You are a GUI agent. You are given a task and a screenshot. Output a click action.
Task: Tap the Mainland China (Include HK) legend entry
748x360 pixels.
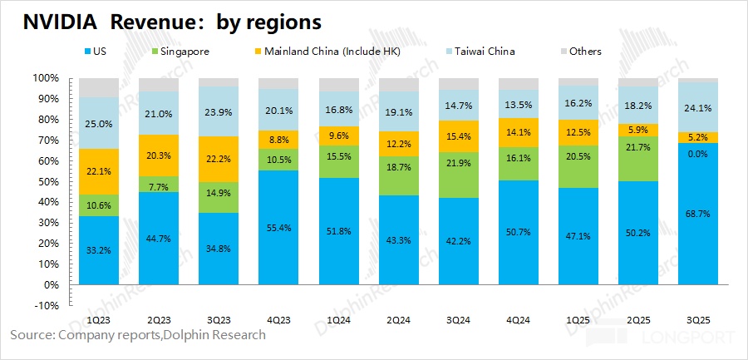tap(337, 52)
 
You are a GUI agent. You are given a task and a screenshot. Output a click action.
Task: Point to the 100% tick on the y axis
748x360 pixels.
tap(45, 78)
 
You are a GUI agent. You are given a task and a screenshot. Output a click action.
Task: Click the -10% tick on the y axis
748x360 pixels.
tap(45, 306)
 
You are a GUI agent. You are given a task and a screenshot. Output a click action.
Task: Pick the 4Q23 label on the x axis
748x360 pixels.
tap(279, 318)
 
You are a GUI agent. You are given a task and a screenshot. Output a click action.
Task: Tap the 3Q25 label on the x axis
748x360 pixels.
tap(698, 318)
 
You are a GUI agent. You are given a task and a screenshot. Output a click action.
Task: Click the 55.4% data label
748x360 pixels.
tap(279, 227)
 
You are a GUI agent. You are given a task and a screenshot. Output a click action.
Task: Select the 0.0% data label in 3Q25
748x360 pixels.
tap(698, 155)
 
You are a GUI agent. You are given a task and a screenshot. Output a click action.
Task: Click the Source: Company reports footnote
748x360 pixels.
tap(138, 335)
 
